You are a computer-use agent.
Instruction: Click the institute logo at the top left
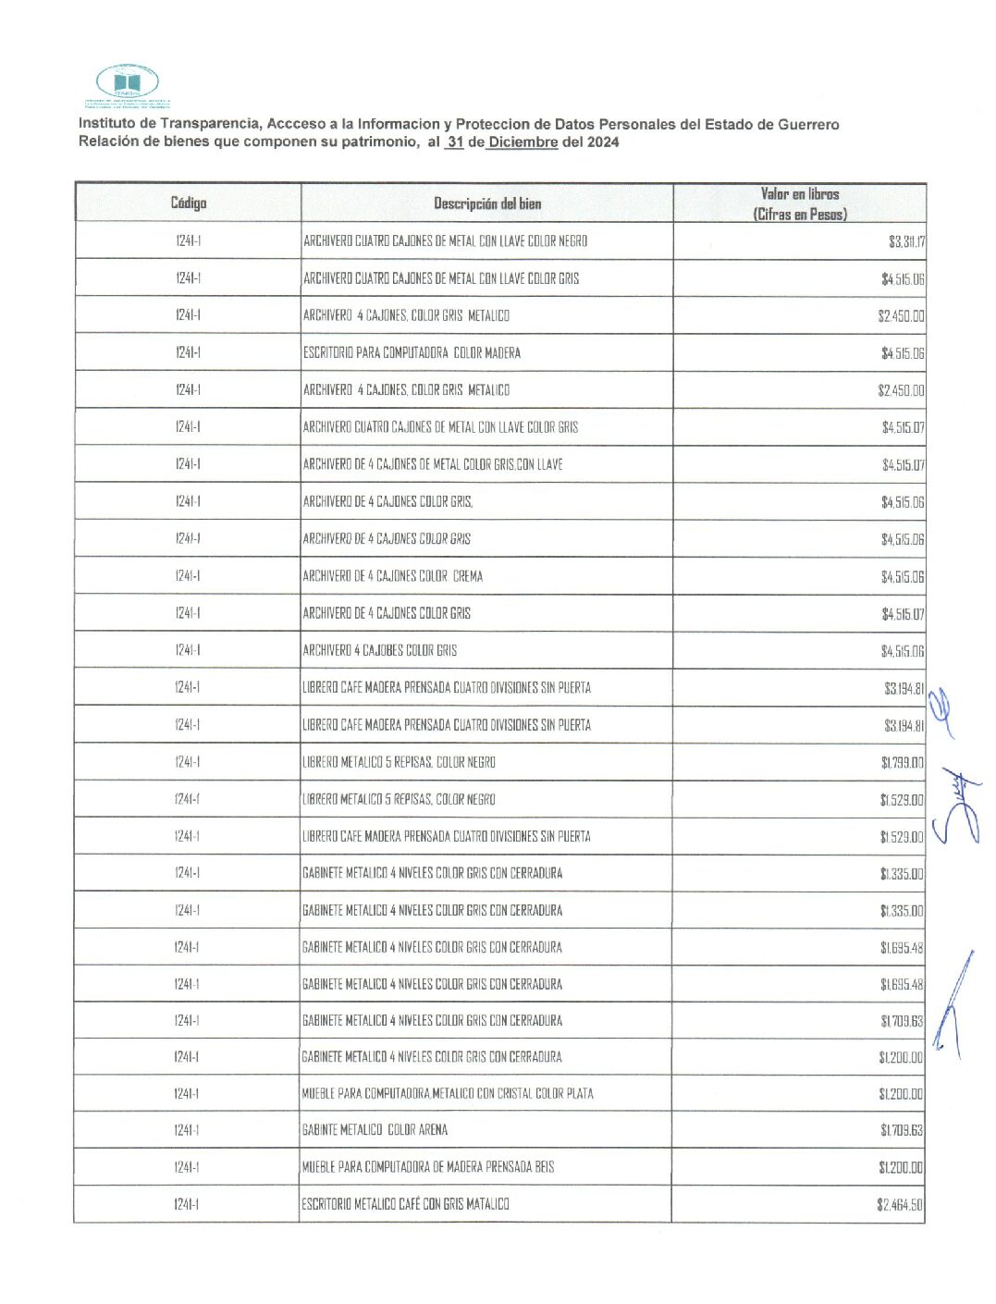[128, 85]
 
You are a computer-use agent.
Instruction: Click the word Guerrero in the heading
[807, 124]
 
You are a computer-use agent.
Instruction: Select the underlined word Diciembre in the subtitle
[523, 142]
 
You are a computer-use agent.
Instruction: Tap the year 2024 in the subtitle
[603, 142]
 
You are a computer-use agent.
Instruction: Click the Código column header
[189, 203]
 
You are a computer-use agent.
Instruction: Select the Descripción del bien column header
[487, 203]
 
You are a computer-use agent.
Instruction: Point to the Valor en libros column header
[800, 203]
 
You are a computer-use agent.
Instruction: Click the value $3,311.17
[906, 242]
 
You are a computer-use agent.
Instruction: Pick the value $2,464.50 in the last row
[900, 1204]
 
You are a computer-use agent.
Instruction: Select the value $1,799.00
[902, 763]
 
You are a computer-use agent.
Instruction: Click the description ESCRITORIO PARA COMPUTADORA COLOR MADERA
[412, 352]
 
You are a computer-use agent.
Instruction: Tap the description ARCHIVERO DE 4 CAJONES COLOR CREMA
[393, 576]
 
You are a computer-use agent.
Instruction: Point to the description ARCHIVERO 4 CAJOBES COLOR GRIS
[380, 650]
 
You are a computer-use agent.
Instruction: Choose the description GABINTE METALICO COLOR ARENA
[375, 1130]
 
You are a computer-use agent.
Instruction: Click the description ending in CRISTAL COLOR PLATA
[448, 1093]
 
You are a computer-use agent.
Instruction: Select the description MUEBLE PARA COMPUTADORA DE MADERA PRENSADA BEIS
[428, 1167]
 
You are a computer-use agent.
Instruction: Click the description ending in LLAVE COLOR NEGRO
[446, 241]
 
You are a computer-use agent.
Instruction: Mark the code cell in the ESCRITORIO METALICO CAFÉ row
[187, 1204]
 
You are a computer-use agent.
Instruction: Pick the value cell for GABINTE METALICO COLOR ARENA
[902, 1130]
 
